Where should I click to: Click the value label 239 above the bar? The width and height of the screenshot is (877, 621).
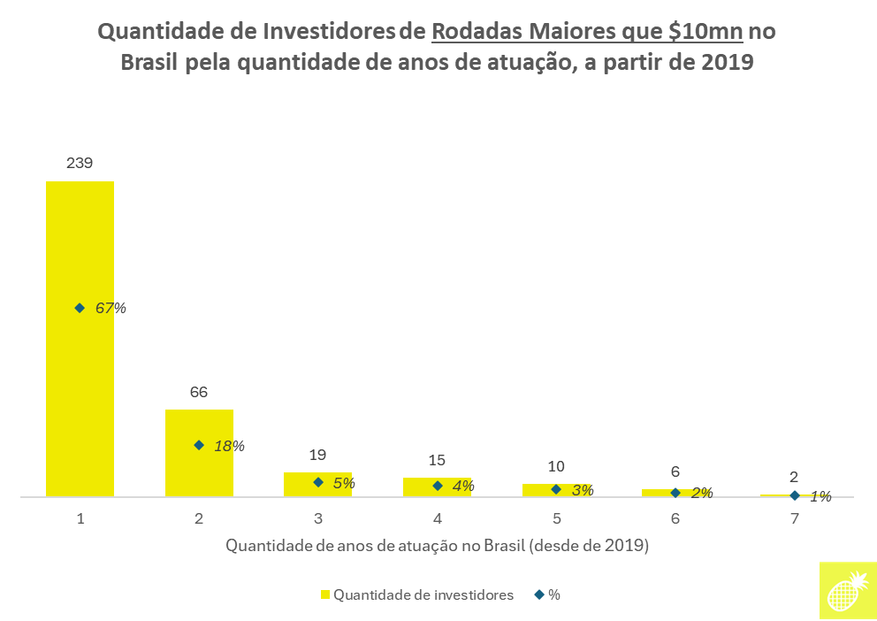80,164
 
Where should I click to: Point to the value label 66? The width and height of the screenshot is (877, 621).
199,392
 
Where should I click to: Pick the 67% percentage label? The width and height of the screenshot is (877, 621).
111,309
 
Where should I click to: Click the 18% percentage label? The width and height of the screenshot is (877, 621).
229,446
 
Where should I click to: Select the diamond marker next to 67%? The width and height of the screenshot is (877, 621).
80,308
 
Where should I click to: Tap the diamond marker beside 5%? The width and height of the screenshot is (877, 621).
317,482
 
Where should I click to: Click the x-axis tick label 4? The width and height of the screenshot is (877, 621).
438,519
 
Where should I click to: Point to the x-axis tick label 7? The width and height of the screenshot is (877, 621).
794,519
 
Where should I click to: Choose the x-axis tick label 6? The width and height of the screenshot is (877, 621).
675,519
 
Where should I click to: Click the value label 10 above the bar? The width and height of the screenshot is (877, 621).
556,466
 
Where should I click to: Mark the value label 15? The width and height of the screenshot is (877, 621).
437,460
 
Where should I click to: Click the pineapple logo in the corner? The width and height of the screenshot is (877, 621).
848,589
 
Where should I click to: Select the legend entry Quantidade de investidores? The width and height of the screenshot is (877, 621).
416,594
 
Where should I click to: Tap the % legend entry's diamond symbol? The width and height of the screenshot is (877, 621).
538,594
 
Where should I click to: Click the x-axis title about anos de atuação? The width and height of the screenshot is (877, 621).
438,546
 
